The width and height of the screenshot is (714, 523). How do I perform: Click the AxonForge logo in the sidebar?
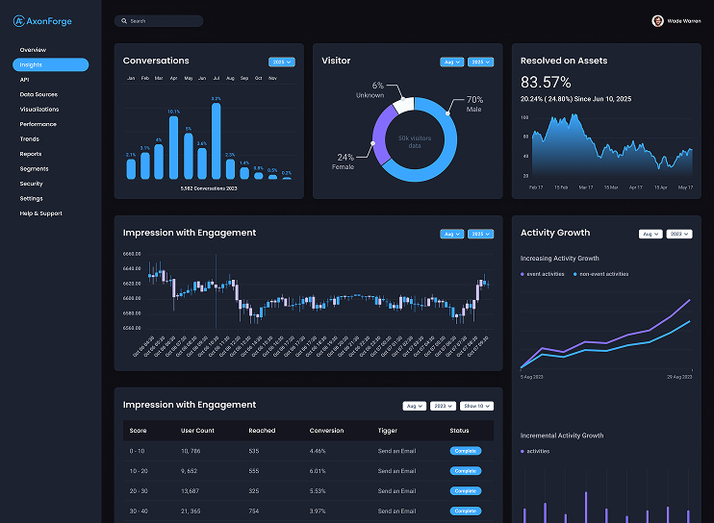coord(42,21)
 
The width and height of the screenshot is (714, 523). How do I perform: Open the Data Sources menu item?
coord(38,94)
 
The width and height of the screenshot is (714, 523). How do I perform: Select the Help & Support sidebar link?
coord(40,213)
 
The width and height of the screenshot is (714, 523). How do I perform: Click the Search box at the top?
coord(159,20)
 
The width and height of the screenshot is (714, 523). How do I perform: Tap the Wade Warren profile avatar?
coord(657,20)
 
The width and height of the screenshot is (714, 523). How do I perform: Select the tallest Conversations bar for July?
coord(216,140)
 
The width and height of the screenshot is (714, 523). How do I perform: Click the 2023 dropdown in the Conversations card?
coord(282,62)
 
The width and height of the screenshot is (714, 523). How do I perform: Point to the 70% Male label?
coord(474,104)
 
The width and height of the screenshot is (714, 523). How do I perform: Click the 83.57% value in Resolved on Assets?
coord(546,83)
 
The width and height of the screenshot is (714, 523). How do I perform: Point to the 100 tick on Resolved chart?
coord(524,117)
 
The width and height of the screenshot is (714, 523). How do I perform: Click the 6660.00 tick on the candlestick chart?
coord(132,254)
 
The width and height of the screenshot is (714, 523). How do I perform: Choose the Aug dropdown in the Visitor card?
coord(451,62)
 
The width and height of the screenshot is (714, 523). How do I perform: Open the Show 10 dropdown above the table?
coord(476,406)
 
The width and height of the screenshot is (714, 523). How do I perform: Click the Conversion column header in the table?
coord(326,431)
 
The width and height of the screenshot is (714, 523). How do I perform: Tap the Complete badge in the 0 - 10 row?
coord(465,451)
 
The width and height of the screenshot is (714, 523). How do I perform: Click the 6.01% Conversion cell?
coord(319,471)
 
